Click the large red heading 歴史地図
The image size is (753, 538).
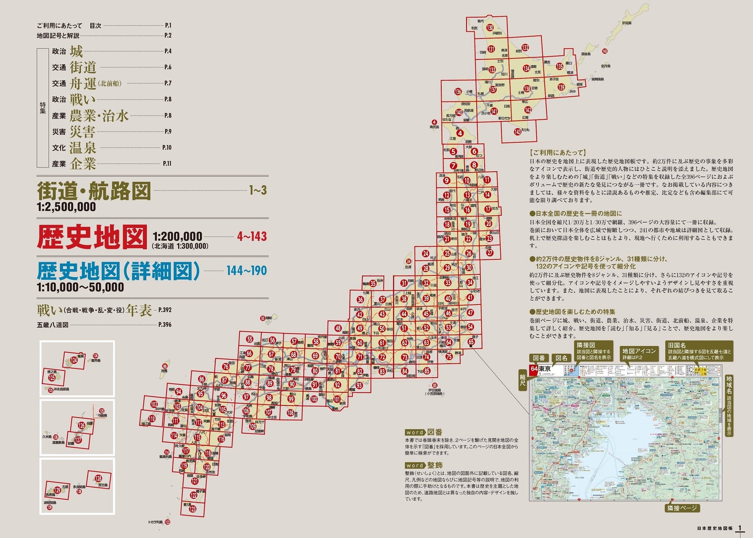click(x=92, y=237)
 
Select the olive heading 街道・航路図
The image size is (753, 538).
click(x=94, y=191)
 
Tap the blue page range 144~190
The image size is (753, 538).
click(x=246, y=270)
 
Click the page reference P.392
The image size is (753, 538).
click(x=165, y=310)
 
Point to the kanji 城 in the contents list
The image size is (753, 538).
click(x=76, y=51)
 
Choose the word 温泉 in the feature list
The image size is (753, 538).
click(x=82, y=148)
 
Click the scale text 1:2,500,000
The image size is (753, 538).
click(x=66, y=207)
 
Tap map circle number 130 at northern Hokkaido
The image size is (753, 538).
click(x=489, y=27)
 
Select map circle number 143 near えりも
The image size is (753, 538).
click(x=518, y=132)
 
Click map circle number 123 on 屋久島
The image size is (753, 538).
click(x=192, y=509)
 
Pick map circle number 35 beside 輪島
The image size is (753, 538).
click(x=373, y=283)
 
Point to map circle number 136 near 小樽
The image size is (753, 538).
click(x=458, y=91)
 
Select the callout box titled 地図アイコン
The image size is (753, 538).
click(x=639, y=354)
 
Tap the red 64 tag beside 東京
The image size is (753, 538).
click(x=534, y=369)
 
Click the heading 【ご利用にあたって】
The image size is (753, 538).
click(x=558, y=152)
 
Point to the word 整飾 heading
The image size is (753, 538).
click(x=435, y=465)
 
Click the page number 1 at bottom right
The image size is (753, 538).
click(x=739, y=528)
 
